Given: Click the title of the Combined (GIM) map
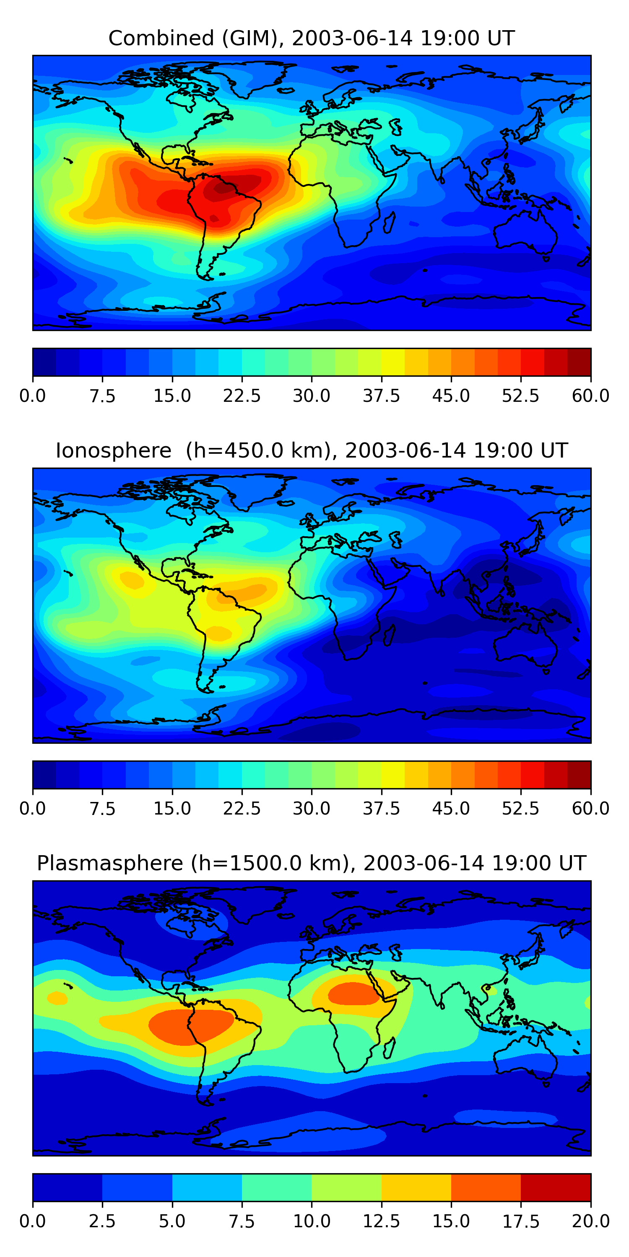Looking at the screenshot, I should tap(312, 38).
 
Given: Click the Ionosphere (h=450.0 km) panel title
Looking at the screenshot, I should tap(312, 450).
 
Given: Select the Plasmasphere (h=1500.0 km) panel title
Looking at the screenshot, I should tap(312, 863).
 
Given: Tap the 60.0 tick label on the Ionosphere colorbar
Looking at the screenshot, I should tap(590, 809).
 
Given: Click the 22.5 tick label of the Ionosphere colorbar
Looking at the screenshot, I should tap(242, 809).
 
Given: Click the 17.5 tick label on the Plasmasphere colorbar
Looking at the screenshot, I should tap(520, 1221).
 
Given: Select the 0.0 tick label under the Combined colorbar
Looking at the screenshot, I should tap(33, 396).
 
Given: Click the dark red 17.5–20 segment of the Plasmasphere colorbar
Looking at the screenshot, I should tap(556, 1187).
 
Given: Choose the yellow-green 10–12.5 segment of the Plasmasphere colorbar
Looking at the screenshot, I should tap(346, 1187).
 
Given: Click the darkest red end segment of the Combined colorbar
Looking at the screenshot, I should tap(579, 362).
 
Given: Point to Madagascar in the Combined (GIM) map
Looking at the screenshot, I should tap(389, 222).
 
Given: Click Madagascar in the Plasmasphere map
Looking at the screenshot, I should tap(389, 1047).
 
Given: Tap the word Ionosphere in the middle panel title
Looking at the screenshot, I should tap(113, 450).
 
